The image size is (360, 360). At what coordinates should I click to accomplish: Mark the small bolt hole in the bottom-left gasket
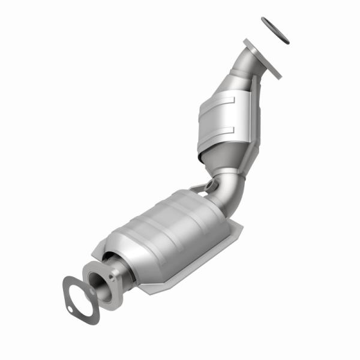coord(70,310)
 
